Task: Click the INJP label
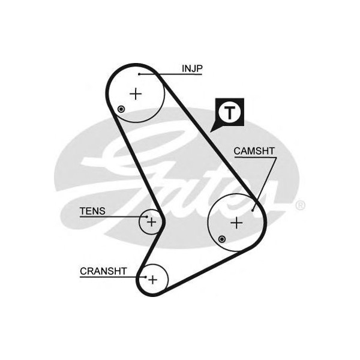[x=192, y=69]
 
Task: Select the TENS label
[x=92, y=211]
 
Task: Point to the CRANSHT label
[x=103, y=271]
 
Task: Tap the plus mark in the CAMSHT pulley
[x=238, y=223]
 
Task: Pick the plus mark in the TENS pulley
[x=152, y=222]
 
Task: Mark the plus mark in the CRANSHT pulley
[x=152, y=279]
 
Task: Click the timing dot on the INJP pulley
[x=122, y=109]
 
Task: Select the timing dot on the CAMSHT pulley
[x=222, y=239]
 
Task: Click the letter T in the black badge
[x=229, y=111]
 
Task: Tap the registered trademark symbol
[x=301, y=205]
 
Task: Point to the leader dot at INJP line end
[x=139, y=74]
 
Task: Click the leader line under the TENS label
[x=114, y=217]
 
